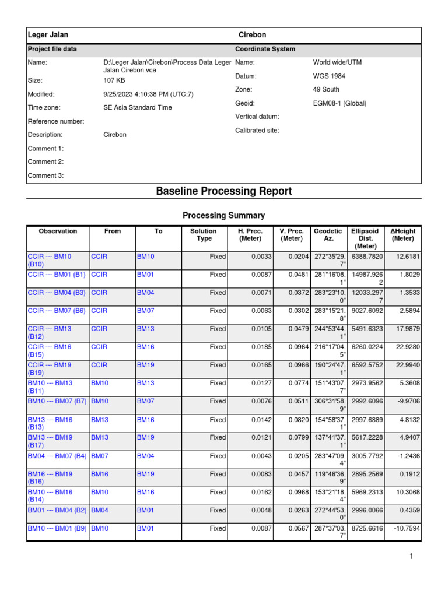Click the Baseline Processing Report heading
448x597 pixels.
[x=224, y=191]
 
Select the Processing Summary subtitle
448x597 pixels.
[x=224, y=216]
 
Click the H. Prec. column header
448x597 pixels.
[x=250, y=235]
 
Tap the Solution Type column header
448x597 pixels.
[x=203, y=235]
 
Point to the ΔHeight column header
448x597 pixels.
[x=402, y=235]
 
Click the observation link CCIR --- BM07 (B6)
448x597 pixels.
[x=57, y=311]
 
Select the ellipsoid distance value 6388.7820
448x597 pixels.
[x=367, y=256]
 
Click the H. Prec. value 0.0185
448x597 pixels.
[x=261, y=347]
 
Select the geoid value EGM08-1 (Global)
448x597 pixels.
[x=339, y=103]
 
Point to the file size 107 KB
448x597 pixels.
[x=114, y=80]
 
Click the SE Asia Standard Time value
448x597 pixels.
[x=138, y=107]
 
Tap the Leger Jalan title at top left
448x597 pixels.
[x=48, y=35]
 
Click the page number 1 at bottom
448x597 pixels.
[x=411, y=557]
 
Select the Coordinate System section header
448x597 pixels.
[x=265, y=50]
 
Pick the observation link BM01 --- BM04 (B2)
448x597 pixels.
[x=57, y=510]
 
